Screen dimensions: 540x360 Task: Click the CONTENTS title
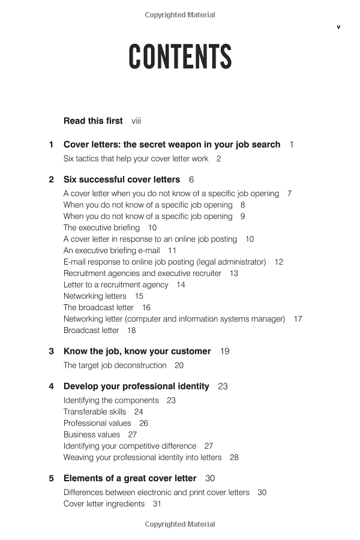click(x=180, y=58)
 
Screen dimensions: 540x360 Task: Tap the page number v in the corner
click(x=338, y=26)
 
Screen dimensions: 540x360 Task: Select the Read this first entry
click(x=93, y=121)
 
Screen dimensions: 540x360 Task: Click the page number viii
click(x=136, y=121)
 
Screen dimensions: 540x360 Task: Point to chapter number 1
click(x=51, y=145)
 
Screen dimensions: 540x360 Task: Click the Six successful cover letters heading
click(x=121, y=179)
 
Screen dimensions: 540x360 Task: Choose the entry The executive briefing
click(x=101, y=228)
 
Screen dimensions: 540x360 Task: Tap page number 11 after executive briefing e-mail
click(x=172, y=251)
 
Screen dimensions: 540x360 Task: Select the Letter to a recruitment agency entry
click(x=116, y=285)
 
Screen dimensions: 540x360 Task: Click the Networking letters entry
click(x=95, y=296)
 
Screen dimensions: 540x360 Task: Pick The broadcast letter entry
click(x=98, y=308)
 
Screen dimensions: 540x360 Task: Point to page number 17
click(x=298, y=319)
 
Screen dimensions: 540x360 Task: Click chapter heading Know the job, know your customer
click(x=137, y=352)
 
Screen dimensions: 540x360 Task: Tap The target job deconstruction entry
click(x=115, y=365)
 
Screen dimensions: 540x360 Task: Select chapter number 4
click(x=51, y=386)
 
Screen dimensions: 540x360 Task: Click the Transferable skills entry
click(x=95, y=412)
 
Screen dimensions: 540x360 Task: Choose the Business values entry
click(x=92, y=435)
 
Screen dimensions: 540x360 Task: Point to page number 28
click(x=234, y=458)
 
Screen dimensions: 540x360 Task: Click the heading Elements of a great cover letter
click(x=130, y=479)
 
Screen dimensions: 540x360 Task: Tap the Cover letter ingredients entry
click(x=104, y=504)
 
